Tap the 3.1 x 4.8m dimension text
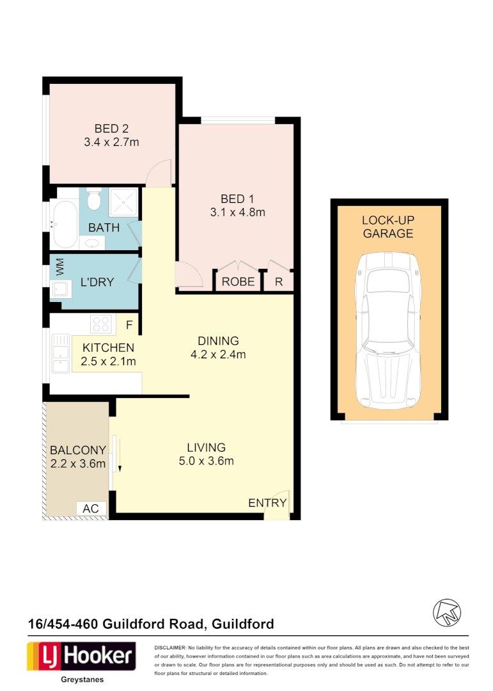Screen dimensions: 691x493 click(x=237, y=212)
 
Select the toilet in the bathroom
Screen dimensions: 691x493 click(x=94, y=200)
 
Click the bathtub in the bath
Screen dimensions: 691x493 click(x=65, y=225)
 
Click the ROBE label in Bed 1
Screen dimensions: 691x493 click(x=238, y=282)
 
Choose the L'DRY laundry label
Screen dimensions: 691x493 click(x=97, y=282)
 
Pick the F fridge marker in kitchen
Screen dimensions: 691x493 click(x=129, y=325)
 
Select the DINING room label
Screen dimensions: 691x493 click(x=219, y=341)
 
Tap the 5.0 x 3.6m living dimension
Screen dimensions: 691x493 click(x=206, y=461)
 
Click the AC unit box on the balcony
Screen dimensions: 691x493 click(x=91, y=508)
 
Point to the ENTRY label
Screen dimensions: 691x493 click(x=267, y=504)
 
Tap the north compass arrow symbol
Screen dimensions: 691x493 click(x=446, y=612)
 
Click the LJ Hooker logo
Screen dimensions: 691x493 click(x=81, y=656)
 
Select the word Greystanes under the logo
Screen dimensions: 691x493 click(x=81, y=681)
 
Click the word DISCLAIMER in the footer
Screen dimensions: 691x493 click(x=170, y=648)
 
